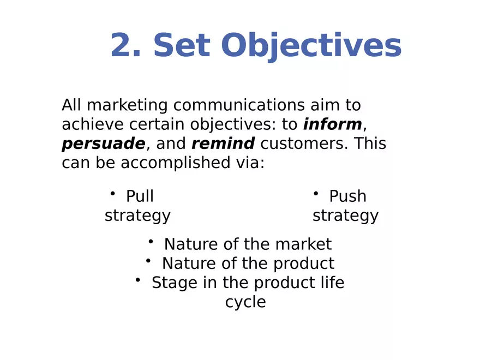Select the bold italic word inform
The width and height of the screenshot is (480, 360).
pyautogui.click(x=332, y=124)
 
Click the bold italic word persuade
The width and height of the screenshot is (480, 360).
pyautogui.click(x=103, y=144)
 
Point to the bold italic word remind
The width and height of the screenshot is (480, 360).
pyautogui.click(x=223, y=143)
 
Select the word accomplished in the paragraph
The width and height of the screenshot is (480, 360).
pyautogui.click(x=173, y=163)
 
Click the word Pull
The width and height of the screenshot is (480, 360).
pyautogui.click(x=140, y=196)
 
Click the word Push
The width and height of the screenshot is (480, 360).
pyautogui.click(x=347, y=196)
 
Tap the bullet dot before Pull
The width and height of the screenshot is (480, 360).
pyautogui.click(x=112, y=193)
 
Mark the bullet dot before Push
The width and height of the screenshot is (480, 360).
pyautogui.click(x=315, y=193)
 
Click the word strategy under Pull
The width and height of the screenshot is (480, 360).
pyautogui.click(x=137, y=215)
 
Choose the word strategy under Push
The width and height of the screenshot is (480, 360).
pyautogui.click(x=345, y=215)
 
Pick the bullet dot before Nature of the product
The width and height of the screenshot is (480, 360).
pyautogui.click(x=148, y=261)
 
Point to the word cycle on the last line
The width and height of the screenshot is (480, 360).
pyautogui.click(x=245, y=302)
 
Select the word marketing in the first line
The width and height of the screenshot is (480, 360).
pyautogui.click(x=127, y=105)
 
